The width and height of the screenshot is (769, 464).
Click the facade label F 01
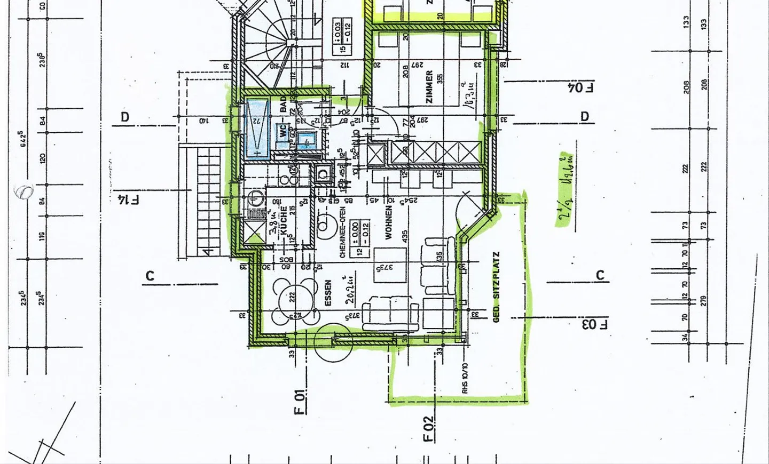tap(301, 402)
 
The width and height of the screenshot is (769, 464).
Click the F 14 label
tap(128, 200)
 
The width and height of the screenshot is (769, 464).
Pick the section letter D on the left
tap(125, 117)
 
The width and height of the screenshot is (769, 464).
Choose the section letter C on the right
tap(600, 276)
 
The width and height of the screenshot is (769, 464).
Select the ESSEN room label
tap(328, 293)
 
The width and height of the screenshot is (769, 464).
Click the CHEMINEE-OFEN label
tap(342, 233)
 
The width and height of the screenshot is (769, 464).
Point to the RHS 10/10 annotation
tap(465, 379)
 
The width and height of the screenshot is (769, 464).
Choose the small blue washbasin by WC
tap(308, 141)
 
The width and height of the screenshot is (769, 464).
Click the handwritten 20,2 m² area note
tap(350, 291)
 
